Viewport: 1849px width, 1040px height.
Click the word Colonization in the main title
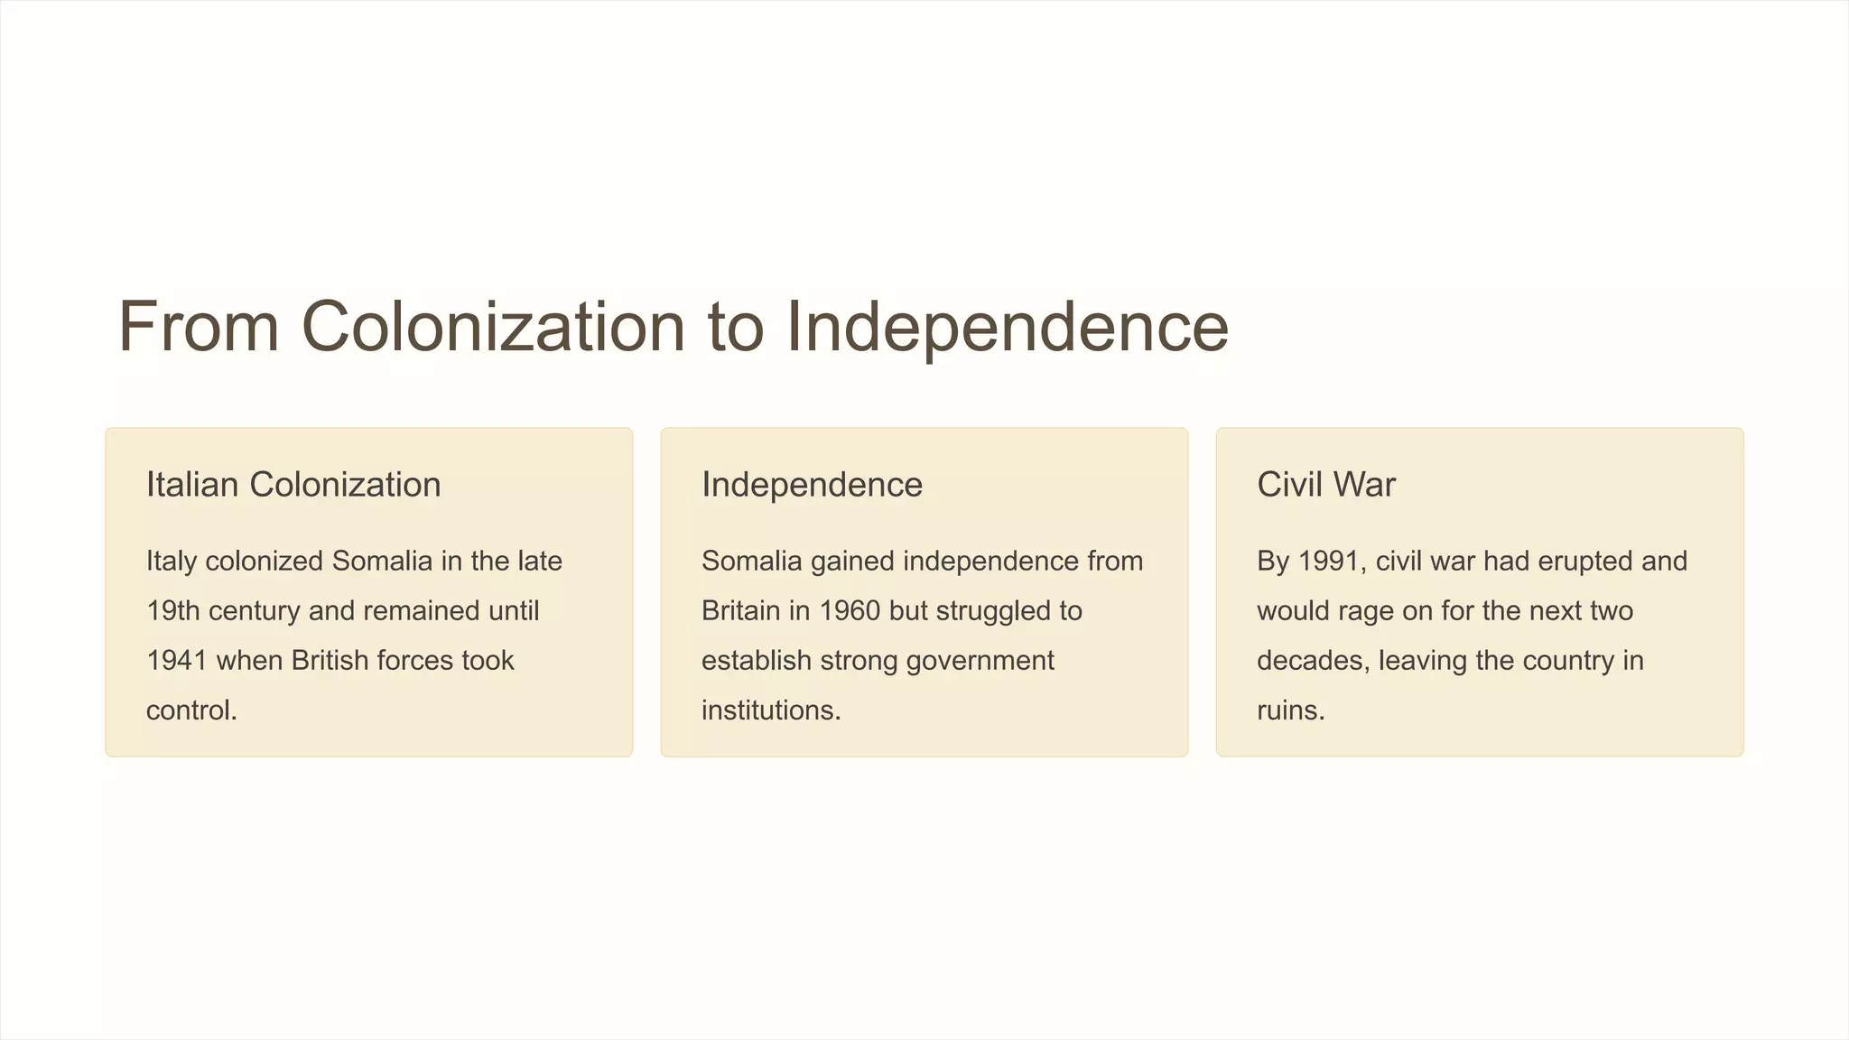point(493,326)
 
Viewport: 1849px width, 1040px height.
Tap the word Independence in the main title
point(1007,326)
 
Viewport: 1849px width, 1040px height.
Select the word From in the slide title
point(199,326)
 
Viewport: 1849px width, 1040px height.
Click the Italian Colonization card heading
point(293,485)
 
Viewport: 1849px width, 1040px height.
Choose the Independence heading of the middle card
point(812,485)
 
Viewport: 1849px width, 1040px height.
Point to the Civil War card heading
point(1325,485)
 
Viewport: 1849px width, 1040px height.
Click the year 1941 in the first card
point(177,661)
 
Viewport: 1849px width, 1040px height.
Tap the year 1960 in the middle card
point(849,611)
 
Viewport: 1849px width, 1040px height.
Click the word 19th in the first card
point(172,611)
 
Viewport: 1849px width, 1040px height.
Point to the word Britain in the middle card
point(740,611)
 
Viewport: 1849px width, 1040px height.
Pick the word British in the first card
point(330,661)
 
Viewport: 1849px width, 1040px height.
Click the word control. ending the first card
point(191,710)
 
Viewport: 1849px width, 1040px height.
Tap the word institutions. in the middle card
point(771,710)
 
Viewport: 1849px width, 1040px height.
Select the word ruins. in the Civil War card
point(1290,710)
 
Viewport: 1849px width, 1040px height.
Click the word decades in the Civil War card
point(1314,661)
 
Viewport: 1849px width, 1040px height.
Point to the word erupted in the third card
point(1584,562)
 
